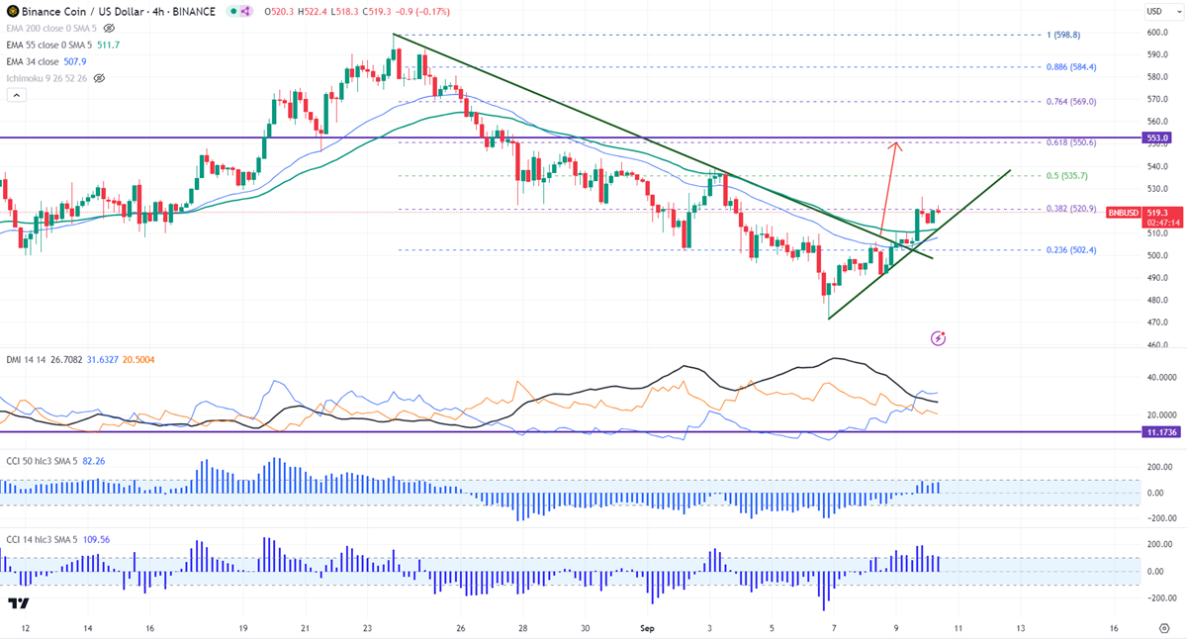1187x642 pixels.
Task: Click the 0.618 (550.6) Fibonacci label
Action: [x=1071, y=142]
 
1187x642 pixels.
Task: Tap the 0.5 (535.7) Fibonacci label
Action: [x=1067, y=176]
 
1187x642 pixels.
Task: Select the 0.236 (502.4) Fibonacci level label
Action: [x=1071, y=250]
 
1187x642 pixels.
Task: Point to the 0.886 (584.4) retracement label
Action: [x=1071, y=67]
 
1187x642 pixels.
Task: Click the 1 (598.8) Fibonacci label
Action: [x=1064, y=35]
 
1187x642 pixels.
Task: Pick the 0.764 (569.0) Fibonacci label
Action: [x=1071, y=101]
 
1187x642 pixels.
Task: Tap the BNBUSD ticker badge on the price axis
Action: [x=1124, y=213]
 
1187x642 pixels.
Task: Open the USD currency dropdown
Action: [x=1155, y=11]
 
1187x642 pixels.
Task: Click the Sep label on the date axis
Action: [x=648, y=628]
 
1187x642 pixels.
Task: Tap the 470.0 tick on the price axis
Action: [x=1158, y=322]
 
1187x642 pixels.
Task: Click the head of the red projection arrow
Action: [x=895, y=145]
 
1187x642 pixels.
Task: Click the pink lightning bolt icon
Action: [x=938, y=338]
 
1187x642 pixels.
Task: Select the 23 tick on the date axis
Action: [x=367, y=628]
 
